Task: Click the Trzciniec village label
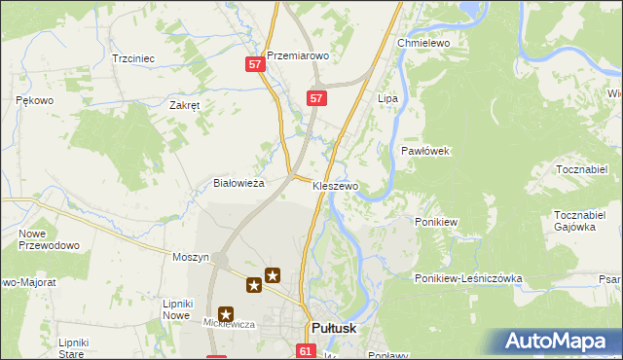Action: (x=133, y=58)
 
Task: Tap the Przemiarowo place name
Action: (x=298, y=56)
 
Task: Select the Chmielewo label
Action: (x=421, y=44)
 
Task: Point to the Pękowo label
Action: (x=34, y=100)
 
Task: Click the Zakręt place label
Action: (x=184, y=106)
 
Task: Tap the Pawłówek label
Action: (x=424, y=151)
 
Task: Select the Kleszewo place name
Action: (x=335, y=185)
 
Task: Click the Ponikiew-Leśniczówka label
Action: (x=468, y=278)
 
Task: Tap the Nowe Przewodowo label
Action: (x=49, y=239)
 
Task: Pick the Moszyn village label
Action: (x=191, y=257)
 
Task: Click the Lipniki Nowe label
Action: (x=176, y=309)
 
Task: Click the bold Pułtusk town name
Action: (x=333, y=329)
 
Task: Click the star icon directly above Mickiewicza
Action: (x=227, y=314)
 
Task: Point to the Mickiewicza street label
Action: (x=228, y=323)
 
